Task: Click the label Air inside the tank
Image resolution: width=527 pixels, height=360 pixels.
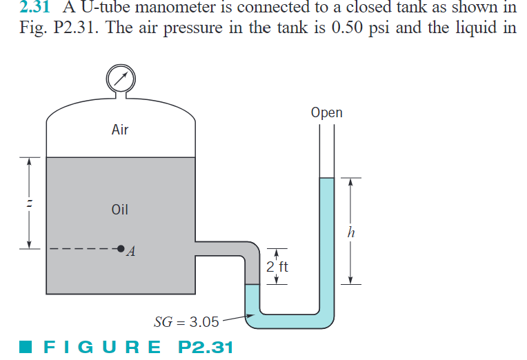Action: coord(120,130)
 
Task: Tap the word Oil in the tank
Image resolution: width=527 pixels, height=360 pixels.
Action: coord(120,210)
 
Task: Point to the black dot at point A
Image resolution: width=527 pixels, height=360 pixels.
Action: coord(121,248)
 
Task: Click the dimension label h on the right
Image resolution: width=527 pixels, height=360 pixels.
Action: coord(352,232)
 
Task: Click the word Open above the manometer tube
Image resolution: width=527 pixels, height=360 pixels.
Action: coord(326,112)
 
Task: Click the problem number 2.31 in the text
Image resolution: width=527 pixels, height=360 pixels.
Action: coord(34,8)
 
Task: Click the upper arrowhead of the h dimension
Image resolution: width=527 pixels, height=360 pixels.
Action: coord(352,182)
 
